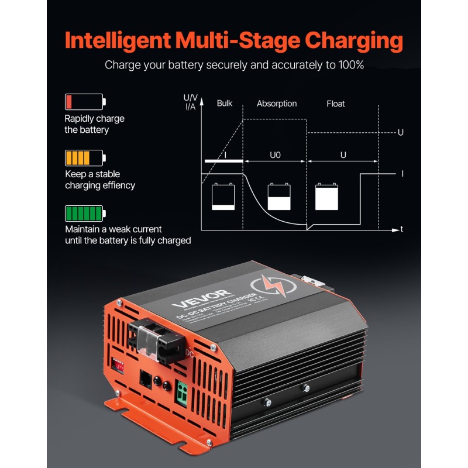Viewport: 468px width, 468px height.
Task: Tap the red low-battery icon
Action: [84, 102]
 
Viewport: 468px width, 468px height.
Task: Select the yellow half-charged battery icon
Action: [84, 158]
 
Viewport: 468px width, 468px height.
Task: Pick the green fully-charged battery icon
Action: [84, 212]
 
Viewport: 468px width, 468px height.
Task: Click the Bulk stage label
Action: [225, 104]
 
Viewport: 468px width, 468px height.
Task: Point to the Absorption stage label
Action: [277, 104]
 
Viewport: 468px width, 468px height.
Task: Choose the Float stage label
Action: [335, 104]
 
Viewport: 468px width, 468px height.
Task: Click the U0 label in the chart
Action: [275, 156]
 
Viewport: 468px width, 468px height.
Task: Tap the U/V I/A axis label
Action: [190, 102]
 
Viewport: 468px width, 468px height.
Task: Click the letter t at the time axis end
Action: [401, 229]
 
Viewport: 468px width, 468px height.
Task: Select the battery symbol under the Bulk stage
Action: [223, 197]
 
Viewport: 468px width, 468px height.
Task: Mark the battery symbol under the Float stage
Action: [327, 197]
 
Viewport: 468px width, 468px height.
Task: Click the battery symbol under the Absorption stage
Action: [278, 197]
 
